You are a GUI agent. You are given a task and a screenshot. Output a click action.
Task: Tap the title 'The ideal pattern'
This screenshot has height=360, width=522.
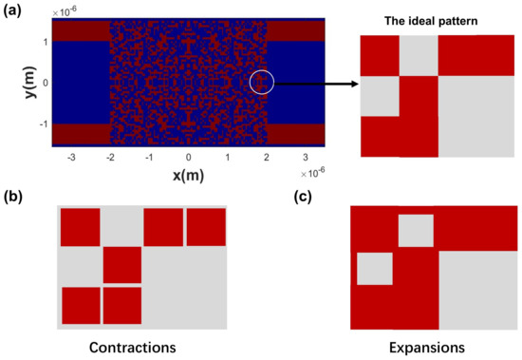pyautogui.click(x=438, y=23)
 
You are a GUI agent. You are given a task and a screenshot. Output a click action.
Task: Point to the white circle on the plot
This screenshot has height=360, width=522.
pyautogui.click(x=262, y=83)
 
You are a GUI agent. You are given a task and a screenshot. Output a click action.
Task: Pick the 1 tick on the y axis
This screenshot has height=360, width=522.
pyautogui.click(x=44, y=42)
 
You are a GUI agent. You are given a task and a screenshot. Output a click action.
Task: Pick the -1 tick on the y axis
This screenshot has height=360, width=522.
pyautogui.click(x=42, y=123)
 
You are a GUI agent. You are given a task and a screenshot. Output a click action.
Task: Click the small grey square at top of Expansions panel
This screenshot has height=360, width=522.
pyautogui.click(x=415, y=232)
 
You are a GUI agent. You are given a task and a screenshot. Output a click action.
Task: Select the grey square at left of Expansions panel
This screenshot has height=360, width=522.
pyautogui.click(x=374, y=269)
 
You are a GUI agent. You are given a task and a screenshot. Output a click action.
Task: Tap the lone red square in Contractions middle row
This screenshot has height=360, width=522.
pyautogui.click(x=121, y=264)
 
